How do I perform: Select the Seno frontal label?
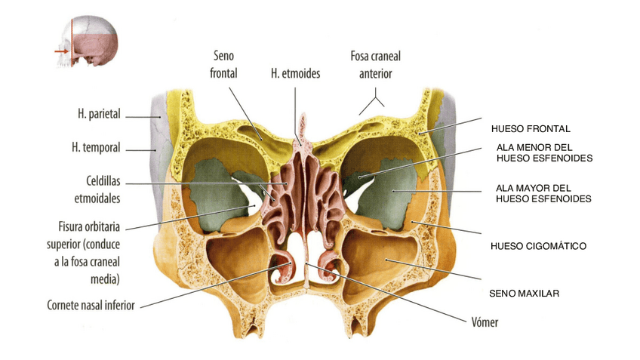pyautogui.click(x=225, y=66)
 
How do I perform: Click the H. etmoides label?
pyautogui.click(x=296, y=74)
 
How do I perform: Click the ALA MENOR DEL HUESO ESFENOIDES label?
pyautogui.click(x=543, y=152)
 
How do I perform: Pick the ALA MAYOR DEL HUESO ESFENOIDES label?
pyautogui.click(x=543, y=192)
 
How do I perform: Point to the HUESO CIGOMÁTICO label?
pyautogui.click(x=537, y=246)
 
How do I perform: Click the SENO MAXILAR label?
pyautogui.click(x=524, y=292)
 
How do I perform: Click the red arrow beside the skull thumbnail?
pyautogui.click(x=60, y=51)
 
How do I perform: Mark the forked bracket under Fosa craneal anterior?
pyautogui.click(x=375, y=101)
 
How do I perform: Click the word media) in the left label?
pyautogui.click(x=105, y=278)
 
